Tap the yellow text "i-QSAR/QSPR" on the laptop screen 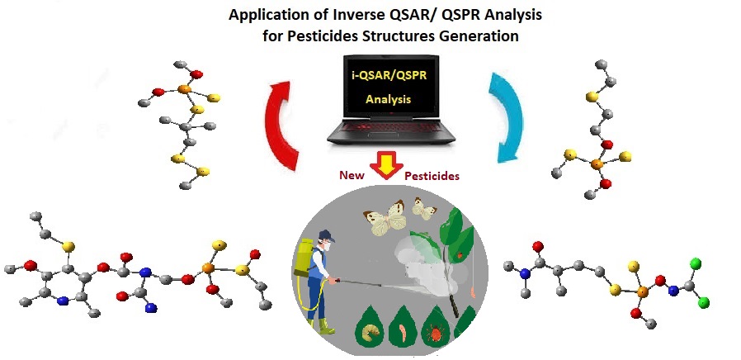381,77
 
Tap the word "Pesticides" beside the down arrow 432,176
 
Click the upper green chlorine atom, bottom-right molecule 696,264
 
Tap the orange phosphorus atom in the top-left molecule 182,88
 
